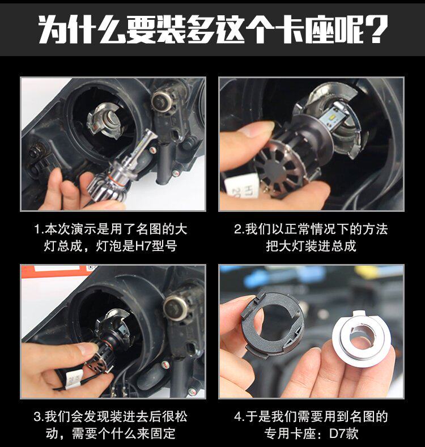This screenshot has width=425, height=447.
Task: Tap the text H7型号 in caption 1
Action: point(156,246)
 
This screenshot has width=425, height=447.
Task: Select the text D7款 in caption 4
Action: point(343,433)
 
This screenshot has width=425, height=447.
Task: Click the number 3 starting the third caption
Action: point(37,417)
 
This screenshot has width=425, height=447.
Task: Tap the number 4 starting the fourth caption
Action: point(238,417)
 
